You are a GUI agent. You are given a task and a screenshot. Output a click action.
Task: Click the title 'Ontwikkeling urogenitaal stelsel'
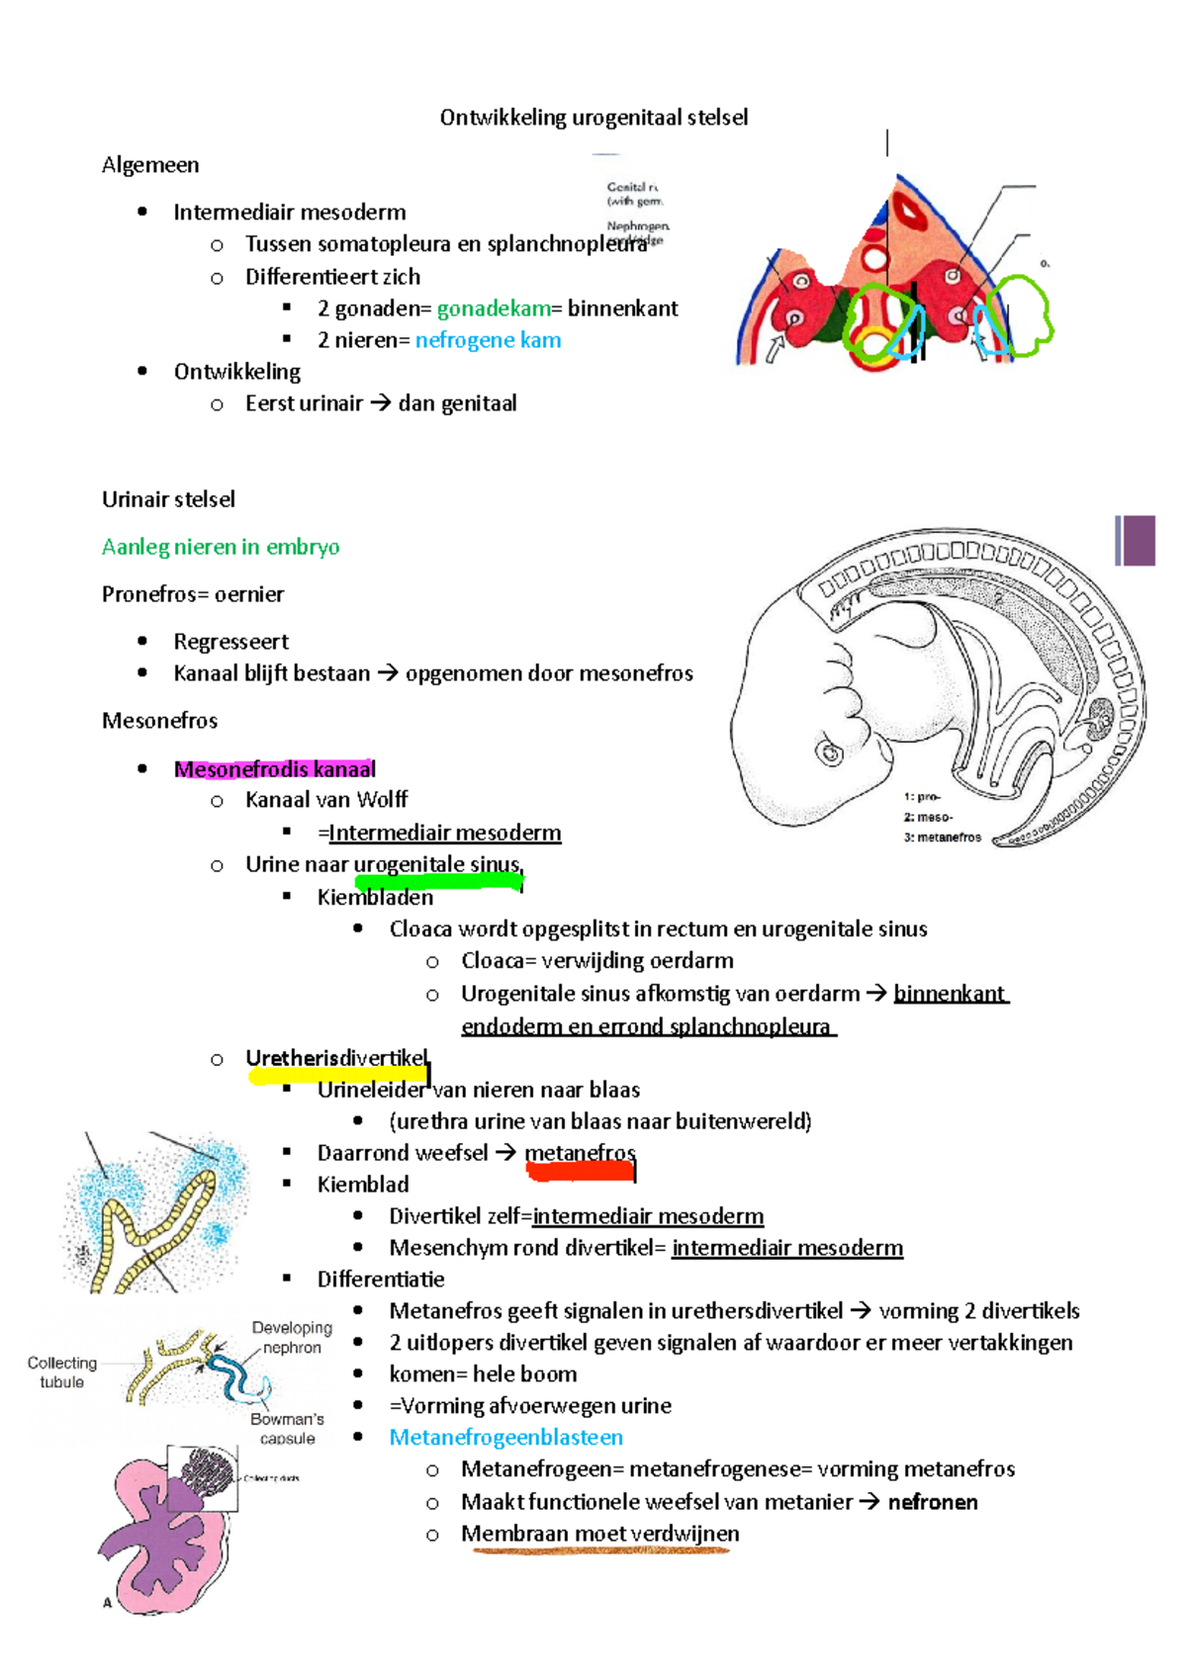point(593,118)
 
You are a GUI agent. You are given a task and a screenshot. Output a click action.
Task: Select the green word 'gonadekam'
point(494,309)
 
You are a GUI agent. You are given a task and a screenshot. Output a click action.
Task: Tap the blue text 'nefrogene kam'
point(488,340)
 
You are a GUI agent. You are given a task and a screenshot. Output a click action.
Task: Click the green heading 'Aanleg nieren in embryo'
point(221,547)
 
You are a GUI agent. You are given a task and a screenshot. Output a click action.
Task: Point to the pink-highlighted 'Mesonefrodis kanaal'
point(274,769)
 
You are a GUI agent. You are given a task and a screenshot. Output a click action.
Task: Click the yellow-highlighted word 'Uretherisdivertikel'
point(336,1059)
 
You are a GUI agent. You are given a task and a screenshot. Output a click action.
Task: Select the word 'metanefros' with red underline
point(580,1153)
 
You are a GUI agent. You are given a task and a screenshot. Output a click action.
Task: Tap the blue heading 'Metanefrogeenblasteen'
point(505,1438)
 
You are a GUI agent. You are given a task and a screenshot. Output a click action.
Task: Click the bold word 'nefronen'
point(933,1502)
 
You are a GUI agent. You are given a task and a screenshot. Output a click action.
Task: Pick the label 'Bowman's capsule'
point(287,1429)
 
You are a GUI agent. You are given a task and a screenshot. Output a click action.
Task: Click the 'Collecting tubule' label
point(61,1372)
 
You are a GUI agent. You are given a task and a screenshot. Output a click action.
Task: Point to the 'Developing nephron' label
point(292,1338)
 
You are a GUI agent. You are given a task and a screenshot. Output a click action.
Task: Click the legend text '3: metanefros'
point(942,838)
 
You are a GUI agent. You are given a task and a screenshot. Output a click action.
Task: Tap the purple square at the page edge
point(1139,541)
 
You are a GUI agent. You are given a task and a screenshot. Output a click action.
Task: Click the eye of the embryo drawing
point(830,754)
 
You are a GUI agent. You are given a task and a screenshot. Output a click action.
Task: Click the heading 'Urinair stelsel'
point(168,499)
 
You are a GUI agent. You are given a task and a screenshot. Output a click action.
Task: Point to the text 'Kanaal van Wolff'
point(325,800)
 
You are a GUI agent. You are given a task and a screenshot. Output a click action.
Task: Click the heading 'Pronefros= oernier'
point(193,594)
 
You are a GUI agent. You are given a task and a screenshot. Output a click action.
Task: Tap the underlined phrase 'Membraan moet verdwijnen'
point(599,1534)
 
